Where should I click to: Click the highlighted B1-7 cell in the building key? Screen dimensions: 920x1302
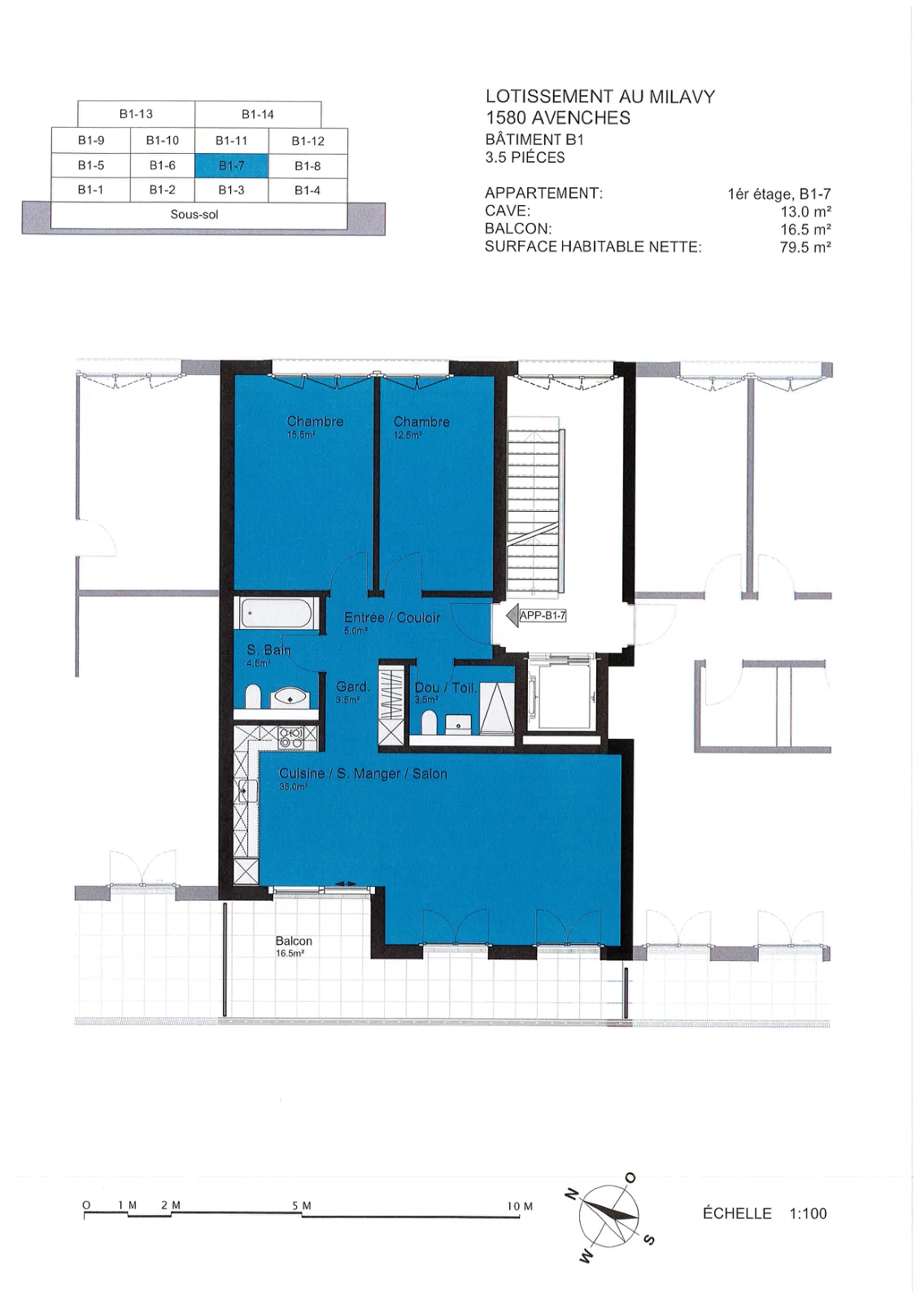[x=231, y=166]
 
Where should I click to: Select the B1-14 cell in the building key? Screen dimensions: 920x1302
[x=258, y=115]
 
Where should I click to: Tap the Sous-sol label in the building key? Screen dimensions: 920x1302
[x=194, y=215]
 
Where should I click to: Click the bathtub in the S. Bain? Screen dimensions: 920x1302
[x=276, y=614]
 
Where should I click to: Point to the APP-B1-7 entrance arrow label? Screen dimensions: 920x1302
[x=536, y=615]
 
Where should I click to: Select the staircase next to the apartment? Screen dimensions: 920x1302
[x=534, y=506]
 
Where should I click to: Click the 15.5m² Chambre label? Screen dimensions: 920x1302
[x=315, y=426]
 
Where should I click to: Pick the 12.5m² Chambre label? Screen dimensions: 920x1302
[x=421, y=426]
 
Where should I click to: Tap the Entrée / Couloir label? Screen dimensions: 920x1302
[x=392, y=622]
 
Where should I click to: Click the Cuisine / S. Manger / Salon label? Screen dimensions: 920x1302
[x=364, y=777]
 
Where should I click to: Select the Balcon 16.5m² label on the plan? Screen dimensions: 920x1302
[x=294, y=945]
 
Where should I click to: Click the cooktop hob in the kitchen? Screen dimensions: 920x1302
[x=290, y=737]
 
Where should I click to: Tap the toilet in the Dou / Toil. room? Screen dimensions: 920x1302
[x=429, y=723]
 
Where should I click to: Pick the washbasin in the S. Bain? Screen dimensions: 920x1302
[x=290, y=697]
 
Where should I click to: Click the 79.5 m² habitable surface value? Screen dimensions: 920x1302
[x=805, y=247]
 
